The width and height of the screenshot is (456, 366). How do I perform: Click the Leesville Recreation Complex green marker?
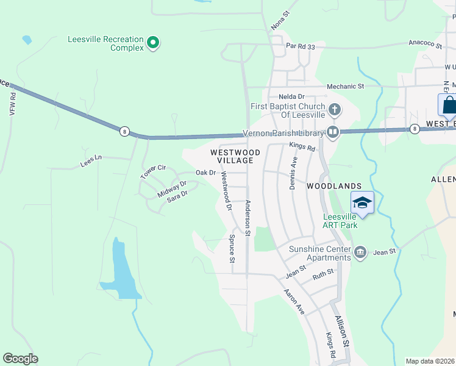153,43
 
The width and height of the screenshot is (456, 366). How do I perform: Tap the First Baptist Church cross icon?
333,110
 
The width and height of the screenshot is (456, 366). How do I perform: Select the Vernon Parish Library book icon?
333,131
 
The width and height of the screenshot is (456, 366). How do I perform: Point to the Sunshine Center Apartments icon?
360,251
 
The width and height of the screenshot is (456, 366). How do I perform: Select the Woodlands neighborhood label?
334,185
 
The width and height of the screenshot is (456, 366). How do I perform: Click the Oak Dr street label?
206,173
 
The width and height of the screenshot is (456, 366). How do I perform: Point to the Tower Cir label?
153,171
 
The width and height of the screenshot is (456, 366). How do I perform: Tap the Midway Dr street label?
171,189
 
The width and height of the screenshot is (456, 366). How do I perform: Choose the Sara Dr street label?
177,197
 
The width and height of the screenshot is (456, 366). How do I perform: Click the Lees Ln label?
90,162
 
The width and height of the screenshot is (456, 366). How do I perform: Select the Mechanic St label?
345,87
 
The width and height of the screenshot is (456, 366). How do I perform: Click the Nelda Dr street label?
291,96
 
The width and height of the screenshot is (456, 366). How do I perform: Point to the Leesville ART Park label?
340,221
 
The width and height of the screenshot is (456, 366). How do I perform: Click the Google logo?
20,359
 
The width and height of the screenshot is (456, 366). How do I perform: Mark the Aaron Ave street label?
294,301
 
